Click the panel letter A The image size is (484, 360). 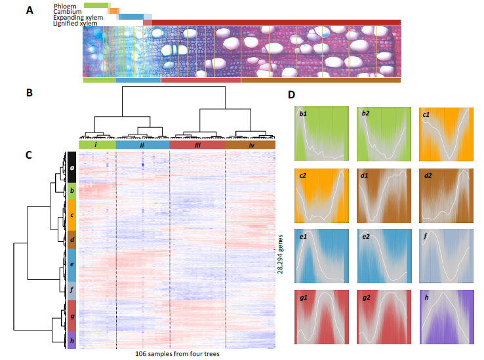tap(30, 10)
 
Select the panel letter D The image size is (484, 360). tap(291, 94)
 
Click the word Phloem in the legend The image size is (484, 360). tap(65, 6)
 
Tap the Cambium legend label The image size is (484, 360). tap(68, 12)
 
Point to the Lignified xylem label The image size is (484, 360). tap(75, 24)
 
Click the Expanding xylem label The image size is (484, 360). tap(78, 18)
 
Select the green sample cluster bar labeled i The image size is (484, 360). tap(97, 145)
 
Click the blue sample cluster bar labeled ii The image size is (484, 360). tap(142, 145)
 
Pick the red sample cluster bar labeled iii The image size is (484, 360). tap(197, 145)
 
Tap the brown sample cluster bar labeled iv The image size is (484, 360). tap(251, 145)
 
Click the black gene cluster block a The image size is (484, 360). tap(71, 167)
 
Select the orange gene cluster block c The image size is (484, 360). tap(71, 215)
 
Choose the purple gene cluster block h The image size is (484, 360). tap(71, 340)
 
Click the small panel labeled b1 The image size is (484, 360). tap(321, 134)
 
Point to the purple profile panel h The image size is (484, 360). tap(447, 317)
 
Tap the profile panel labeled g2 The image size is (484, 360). tap(384, 317)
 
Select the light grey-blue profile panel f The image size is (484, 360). tap(446, 256)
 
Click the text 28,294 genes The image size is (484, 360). tap(280, 254)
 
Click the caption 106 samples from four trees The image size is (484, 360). tap(177, 354)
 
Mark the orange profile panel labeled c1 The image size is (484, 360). tap(446, 134)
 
